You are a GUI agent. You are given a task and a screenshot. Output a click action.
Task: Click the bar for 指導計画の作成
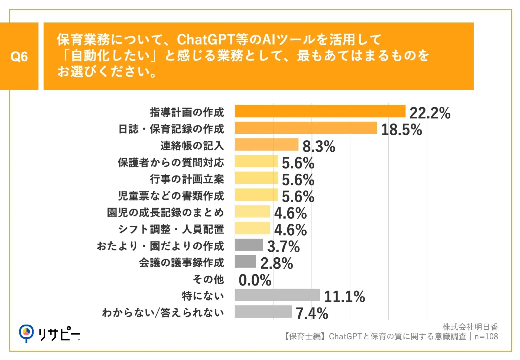pos(320,111)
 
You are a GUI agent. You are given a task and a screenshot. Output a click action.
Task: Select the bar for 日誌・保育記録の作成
pos(306,128)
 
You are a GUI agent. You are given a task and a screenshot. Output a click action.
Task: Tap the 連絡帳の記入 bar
pos(266,145)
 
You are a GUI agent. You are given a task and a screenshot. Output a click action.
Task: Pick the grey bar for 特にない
pos(277,295)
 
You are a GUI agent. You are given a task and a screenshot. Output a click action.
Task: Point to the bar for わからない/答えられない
pos(263,312)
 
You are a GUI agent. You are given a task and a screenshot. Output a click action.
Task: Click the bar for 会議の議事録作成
pos(245,261)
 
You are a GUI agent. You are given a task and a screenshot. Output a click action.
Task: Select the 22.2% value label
pos(430,113)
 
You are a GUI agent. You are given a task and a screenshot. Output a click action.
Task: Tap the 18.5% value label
pos(401,130)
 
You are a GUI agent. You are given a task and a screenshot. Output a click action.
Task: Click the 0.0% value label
pos(255,280)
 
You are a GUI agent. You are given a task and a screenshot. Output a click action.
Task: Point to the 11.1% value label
pos(344,297)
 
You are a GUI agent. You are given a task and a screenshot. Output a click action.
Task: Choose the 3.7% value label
pos(283,247)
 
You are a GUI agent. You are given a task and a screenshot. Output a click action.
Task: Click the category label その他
pos(208,279)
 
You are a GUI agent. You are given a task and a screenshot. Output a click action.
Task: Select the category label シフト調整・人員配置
pos(171,229)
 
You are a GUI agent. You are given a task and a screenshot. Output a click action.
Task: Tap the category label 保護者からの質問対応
pos(171,163)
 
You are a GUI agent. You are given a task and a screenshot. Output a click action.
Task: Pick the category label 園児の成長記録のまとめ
pos(165,213)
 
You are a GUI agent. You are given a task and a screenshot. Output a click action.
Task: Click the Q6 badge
pos(19,56)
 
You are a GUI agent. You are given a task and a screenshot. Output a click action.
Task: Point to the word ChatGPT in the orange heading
pos(206,40)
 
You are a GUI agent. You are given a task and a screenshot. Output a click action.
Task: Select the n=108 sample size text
pos(486,337)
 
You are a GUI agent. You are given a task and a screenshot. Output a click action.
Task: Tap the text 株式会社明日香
pos(470,327)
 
